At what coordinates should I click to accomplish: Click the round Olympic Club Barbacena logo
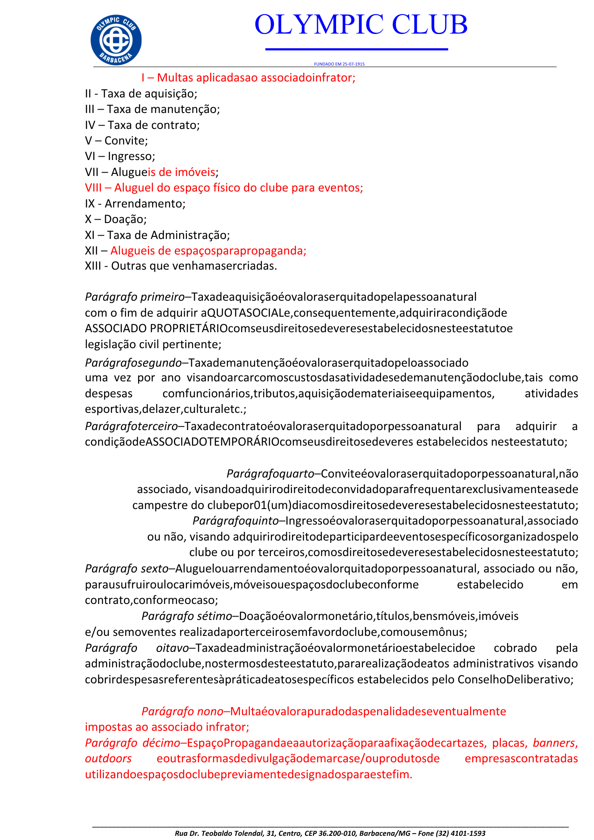click(x=116, y=40)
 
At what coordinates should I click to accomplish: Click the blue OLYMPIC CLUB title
click(x=361, y=24)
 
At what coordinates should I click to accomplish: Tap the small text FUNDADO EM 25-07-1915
click(x=339, y=64)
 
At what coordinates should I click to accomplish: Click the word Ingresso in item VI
click(x=131, y=156)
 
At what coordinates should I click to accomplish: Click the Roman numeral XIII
click(x=93, y=266)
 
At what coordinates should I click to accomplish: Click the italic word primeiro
click(x=162, y=297)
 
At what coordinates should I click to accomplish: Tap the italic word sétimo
click(x=214, y=616)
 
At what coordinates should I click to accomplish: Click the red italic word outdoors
click(x=108, y=759)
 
